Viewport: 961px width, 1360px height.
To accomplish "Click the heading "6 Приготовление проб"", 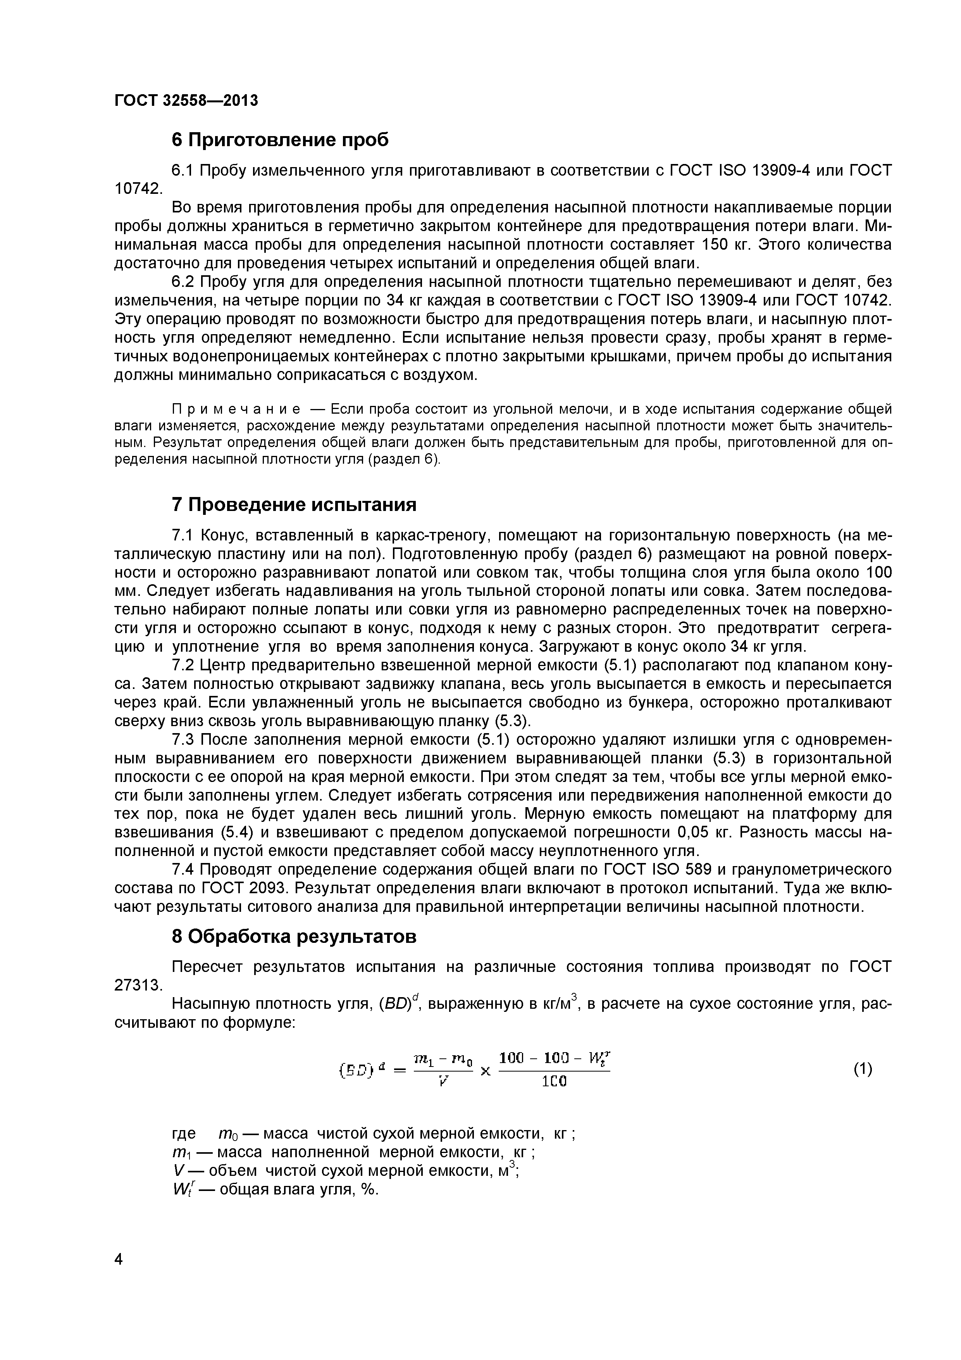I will (280, 140).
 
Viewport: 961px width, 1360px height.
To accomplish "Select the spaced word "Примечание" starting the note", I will (236, 409).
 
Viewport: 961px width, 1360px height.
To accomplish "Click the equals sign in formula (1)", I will (400, 1070).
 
